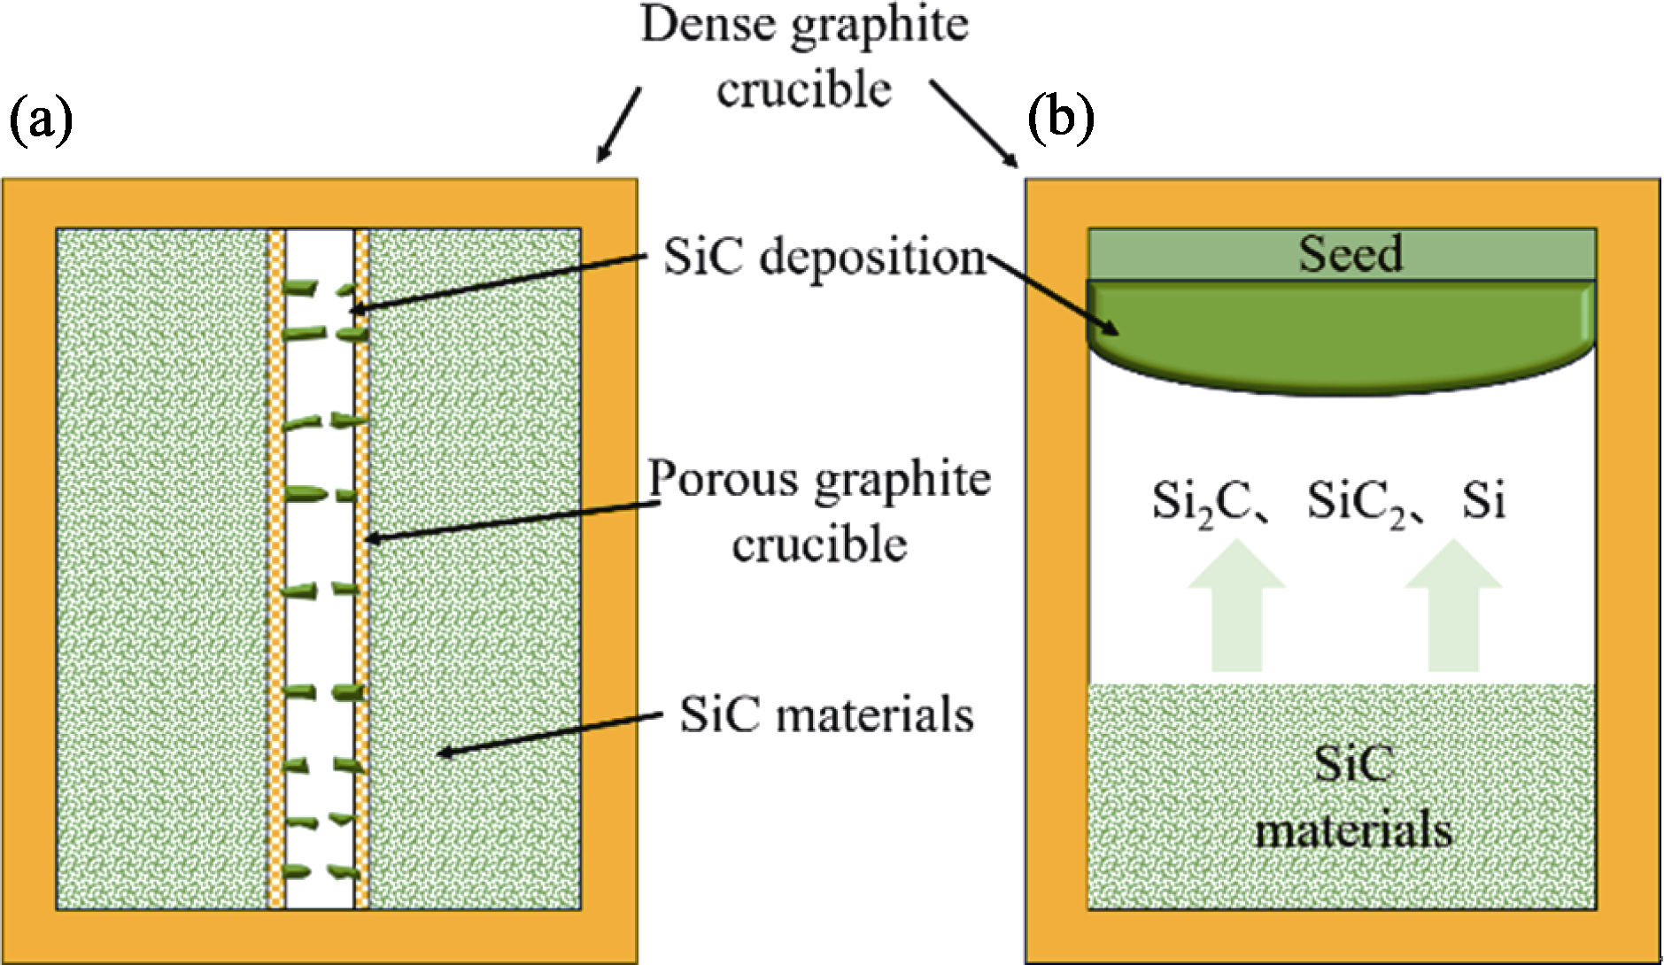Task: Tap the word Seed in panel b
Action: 1350,254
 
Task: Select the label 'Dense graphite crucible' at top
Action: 804,57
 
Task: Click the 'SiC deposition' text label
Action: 824,258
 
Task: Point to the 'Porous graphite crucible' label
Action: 819,511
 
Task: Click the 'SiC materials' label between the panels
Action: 826,714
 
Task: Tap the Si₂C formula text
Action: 1201,502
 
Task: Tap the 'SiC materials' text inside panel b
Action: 1353,797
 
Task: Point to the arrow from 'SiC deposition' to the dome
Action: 1054,295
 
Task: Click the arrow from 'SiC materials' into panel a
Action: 549,733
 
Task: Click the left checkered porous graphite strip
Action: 276,567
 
